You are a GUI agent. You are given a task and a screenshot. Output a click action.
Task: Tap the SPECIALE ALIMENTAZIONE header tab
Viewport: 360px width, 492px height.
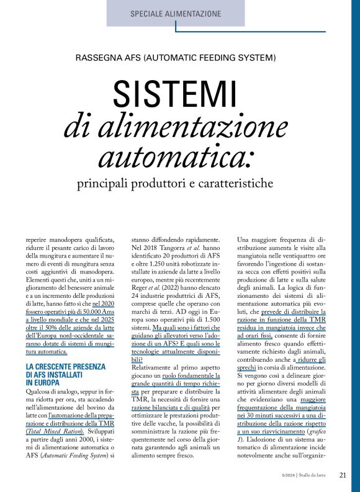click(x=176, y=13)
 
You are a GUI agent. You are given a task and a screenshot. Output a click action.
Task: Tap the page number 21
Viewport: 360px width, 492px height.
click(x=343, y=476)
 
